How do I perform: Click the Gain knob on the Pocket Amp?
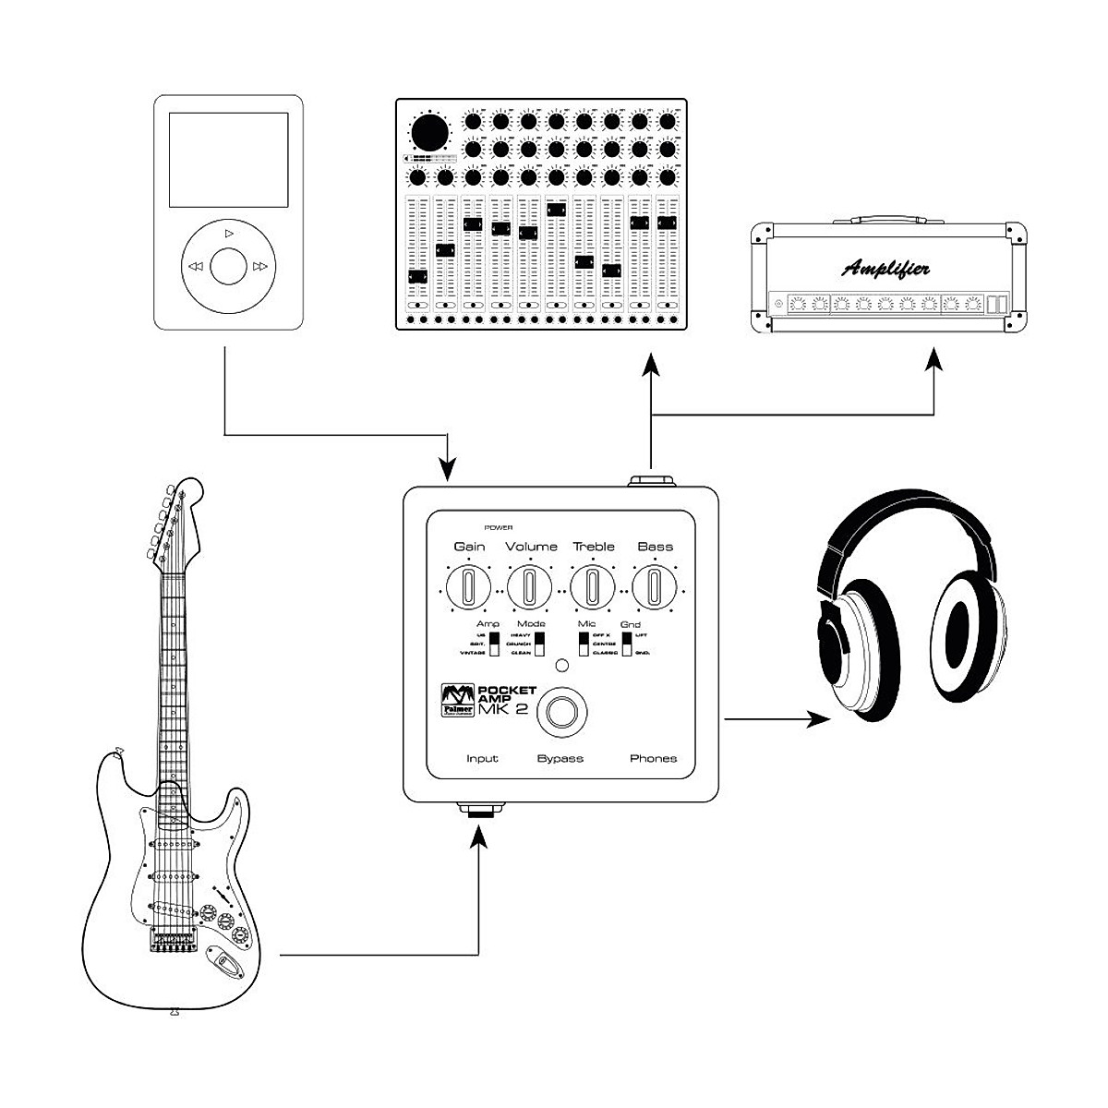click(468, 587)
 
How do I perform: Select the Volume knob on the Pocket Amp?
click(530, 587)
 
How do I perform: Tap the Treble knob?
click(593, 587)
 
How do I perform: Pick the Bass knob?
click(655, 587)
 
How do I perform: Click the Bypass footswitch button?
click(560, 713)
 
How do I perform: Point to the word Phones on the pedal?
click(653, 759)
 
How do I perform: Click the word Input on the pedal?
click(482, 759)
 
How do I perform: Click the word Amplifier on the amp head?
click(885, 270)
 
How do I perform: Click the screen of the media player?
click(228, 161)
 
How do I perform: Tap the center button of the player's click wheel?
click(228, 267)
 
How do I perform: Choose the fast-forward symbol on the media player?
click(260, 267)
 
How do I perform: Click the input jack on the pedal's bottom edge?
click(480, 812)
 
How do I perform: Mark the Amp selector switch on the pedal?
click(494, 644)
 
